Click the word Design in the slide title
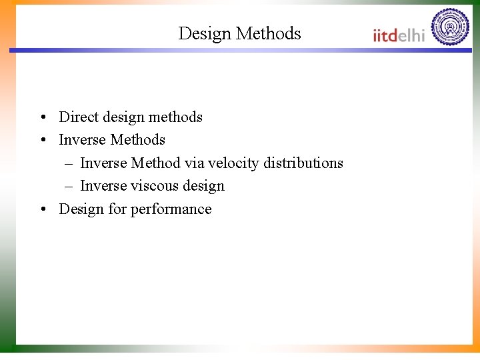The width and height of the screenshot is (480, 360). (x=205, y=33)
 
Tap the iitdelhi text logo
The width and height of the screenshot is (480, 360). (x=398, y=35)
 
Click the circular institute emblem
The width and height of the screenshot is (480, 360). (x=450, y=27)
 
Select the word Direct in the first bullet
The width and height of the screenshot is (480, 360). (x=78, y=117)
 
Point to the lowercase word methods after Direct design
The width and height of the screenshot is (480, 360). (x=175, y=117)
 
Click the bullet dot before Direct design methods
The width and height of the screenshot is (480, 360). (x=42, y=117)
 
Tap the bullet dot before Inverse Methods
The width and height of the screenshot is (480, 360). (x=42, y=141)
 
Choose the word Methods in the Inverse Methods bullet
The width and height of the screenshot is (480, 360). (x=137, y=140)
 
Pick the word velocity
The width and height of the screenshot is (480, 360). (x=233, y=163)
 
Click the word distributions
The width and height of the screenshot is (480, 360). (x=303, y=163)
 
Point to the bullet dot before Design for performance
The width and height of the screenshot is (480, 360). (x=42, y=210)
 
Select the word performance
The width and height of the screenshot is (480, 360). (x=171, y=209)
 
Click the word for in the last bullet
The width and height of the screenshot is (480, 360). (x=117, y=209)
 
